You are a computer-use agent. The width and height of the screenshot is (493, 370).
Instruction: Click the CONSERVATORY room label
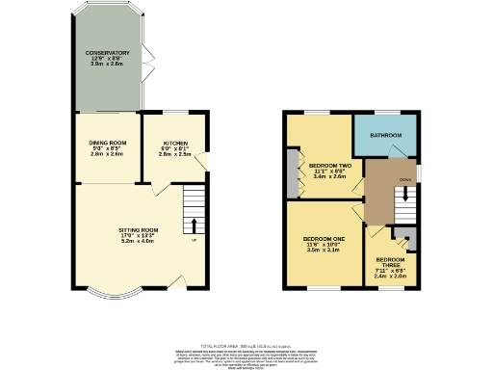[107, 53]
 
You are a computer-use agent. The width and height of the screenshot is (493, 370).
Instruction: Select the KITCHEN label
[176, 143]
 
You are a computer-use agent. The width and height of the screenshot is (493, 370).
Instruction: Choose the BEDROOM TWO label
[328, 166]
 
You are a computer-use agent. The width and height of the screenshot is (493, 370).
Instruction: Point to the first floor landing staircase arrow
[405, 193]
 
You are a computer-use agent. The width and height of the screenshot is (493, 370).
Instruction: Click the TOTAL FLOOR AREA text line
[246, 344]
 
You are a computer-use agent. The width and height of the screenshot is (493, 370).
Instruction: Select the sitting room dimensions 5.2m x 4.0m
[138, 240]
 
